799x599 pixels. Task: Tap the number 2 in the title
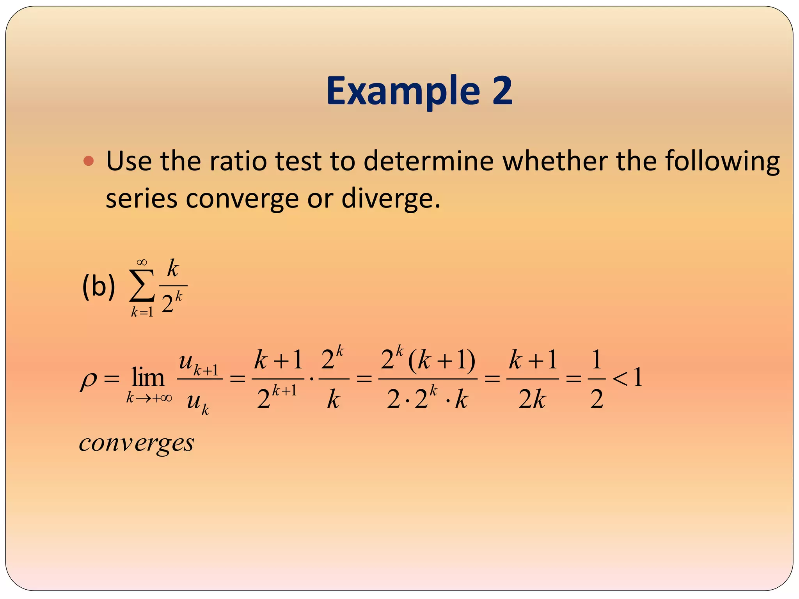coord(502,90)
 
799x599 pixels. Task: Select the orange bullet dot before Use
coord(89,161)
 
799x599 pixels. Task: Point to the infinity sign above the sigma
coord(142,262)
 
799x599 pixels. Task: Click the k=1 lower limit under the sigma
coord(142,312)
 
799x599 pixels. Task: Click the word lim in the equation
coord(148,377)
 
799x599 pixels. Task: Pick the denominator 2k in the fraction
coord(532,399)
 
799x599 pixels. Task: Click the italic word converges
coord(137,444)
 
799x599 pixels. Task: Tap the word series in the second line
coord(142,199)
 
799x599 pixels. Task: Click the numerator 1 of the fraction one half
coord(597,360)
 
